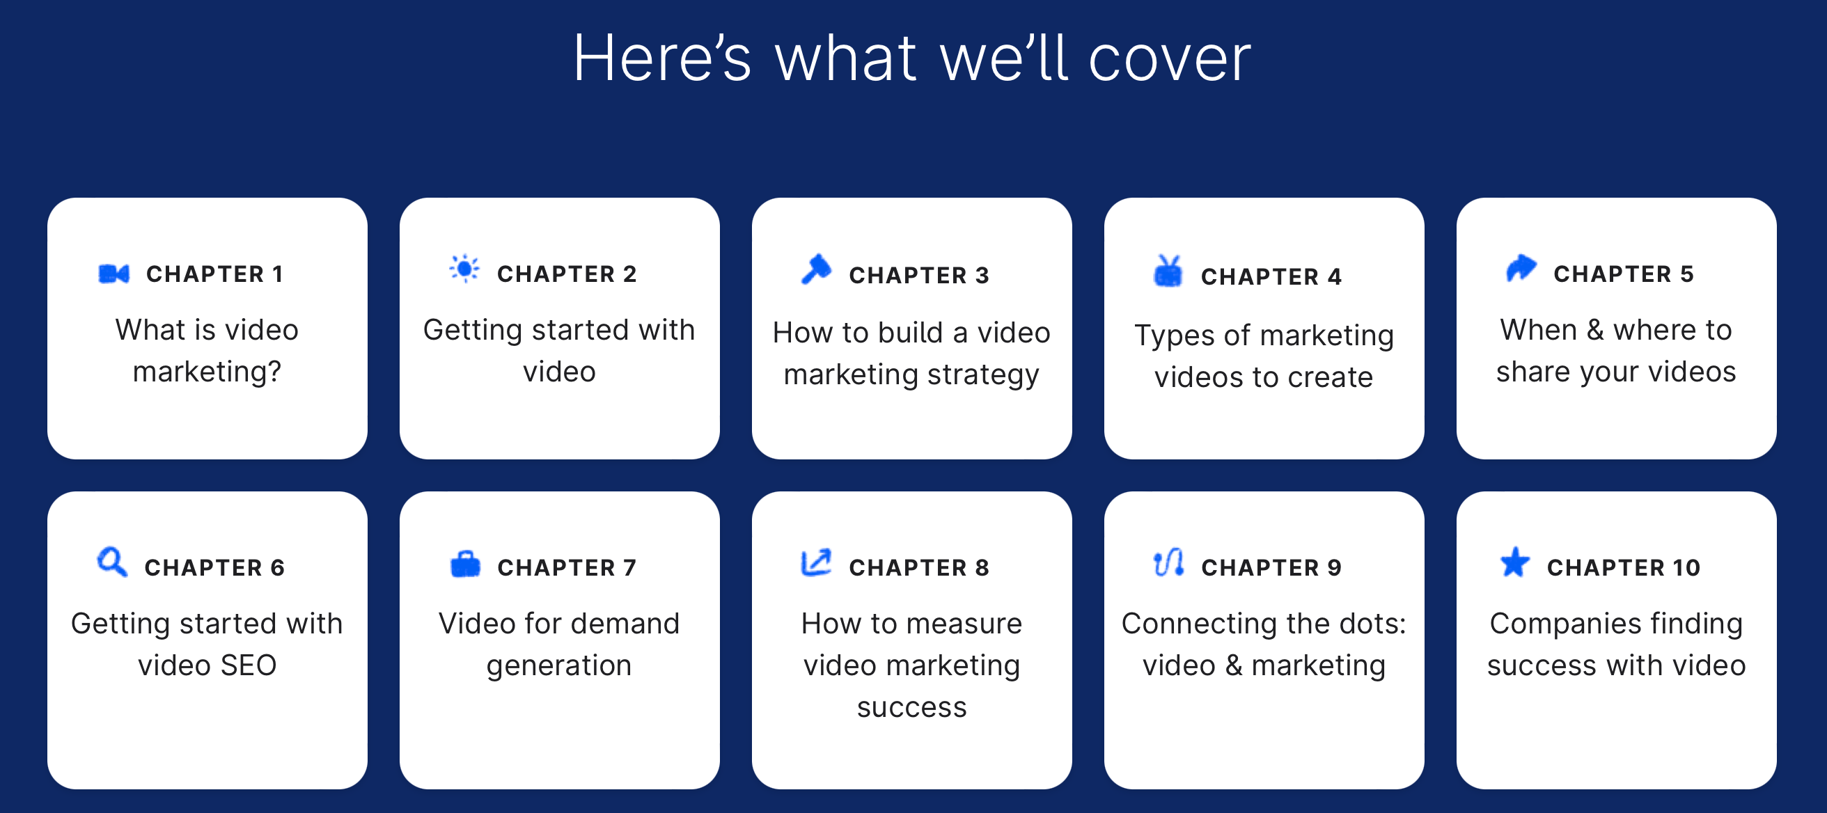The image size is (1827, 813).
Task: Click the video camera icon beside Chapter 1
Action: click(x=113, y=274)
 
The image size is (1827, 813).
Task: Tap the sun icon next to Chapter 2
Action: click(x=464, y=269)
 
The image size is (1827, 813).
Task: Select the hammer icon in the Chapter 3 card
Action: click(x=816, y=269)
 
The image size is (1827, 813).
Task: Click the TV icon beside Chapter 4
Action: click(x=1168, y=271)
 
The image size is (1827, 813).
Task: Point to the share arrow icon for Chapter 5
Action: click(x=1521, y=268)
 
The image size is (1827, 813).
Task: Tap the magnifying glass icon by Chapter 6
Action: click(x=112, y=562)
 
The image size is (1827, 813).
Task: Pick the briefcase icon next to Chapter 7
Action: click(x=465, y=565)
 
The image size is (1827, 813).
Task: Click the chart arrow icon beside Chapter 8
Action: click(x=815, y=563)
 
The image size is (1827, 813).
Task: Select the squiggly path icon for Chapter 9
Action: click(x=1169, y=563)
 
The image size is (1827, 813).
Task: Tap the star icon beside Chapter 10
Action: click(x=1516, y=562)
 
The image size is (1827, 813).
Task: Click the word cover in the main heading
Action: click(x=1170, y=60)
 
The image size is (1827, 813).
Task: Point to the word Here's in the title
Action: click(x=662, y=58)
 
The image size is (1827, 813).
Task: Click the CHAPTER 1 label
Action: click(x=215, y=274)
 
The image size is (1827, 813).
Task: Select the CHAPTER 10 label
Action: click(x=1624, y=568)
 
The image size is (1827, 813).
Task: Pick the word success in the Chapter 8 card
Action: click(x=912, y=708)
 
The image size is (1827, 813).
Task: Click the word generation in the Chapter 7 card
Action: click(x=559, y=666)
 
